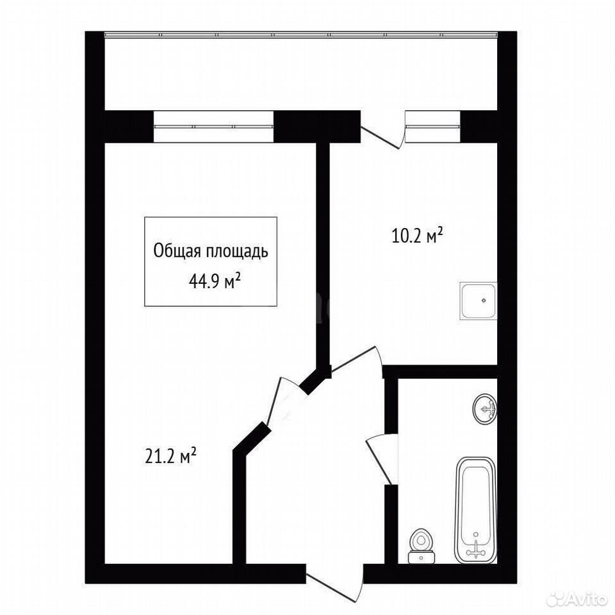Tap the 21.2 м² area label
click(170, 456)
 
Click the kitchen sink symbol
click(478, 300)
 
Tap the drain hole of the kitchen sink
click(484, 300)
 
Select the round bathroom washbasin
click(485, 409)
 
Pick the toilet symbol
click(422, 546)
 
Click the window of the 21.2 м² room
click(213, 126)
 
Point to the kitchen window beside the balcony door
click(432, 126)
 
